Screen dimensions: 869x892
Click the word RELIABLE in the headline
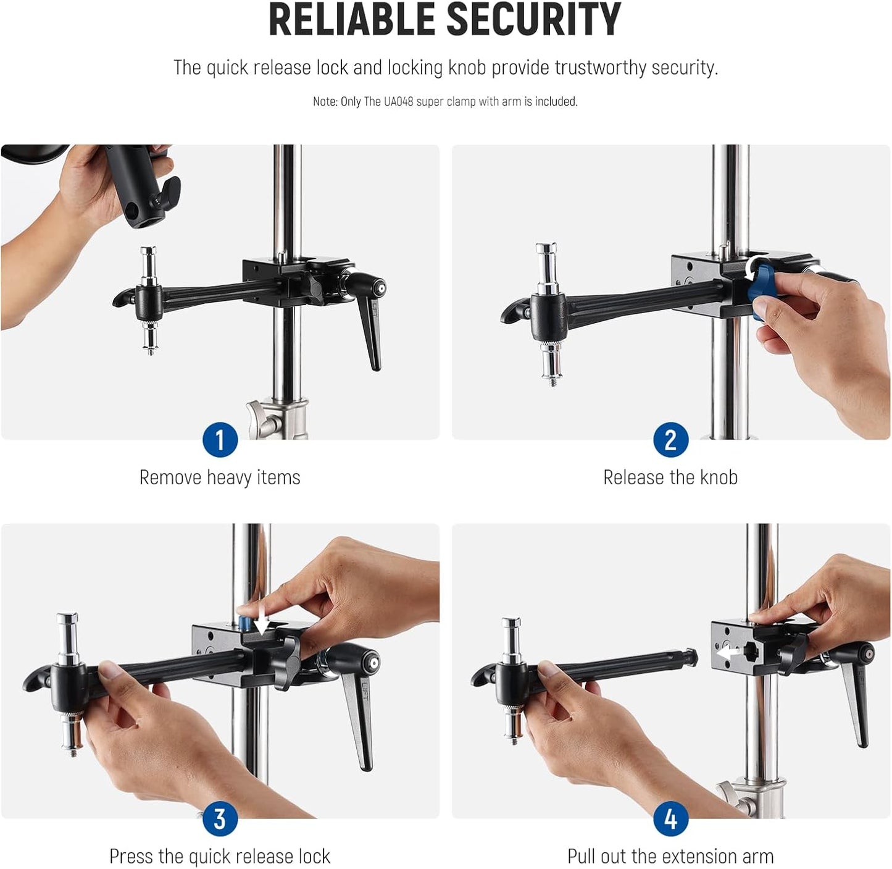(353, 20)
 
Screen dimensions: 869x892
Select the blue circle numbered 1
(220, 440)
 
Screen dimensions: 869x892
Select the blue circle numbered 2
(670, 440)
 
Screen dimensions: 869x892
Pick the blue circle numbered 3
(220, 819)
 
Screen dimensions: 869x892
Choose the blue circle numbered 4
(670, 819)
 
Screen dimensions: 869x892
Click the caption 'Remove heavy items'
(220, 477)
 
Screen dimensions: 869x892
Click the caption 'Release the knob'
(670, 477)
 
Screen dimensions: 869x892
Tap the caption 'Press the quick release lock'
(220, 857)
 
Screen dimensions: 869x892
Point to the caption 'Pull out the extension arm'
(670, 857)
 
